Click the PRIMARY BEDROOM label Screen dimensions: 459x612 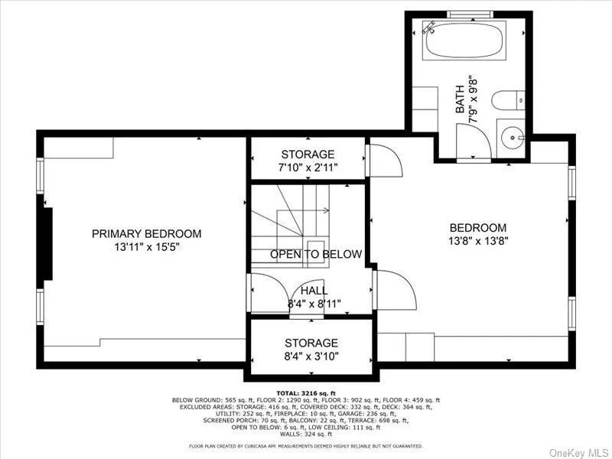[x=147, y=233]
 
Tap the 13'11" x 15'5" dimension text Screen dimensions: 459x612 [x=147, y=247]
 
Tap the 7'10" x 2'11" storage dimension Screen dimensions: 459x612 [x=308, y=167]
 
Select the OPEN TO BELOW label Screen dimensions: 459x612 [x=315, y=254]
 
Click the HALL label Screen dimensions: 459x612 [x=314, y=291]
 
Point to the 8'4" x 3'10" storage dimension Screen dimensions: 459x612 [x=311, y=356]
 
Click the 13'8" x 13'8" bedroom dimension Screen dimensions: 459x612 [x=478, y=241]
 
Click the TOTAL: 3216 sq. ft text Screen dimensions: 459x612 [x=306, y=392]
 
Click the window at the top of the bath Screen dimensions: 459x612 [x=470, y=14]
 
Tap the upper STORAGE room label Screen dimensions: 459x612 [x=308, y=154]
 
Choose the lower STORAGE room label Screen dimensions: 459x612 [x=311, y=343]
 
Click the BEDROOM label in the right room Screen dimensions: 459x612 [x=478, y=227]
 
